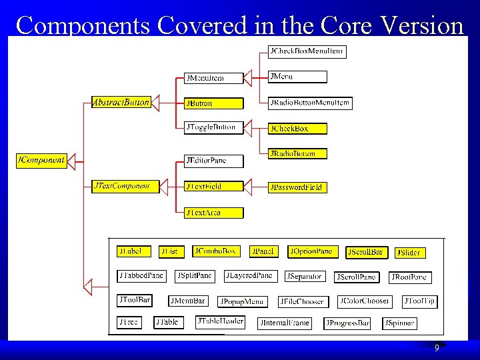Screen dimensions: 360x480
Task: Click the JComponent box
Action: (41, 161)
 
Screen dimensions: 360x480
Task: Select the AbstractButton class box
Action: (121, 103)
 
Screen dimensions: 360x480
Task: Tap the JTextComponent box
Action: (125, 186)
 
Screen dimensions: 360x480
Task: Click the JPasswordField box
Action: (297, 187)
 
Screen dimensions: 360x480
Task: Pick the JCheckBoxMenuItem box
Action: (307, 51)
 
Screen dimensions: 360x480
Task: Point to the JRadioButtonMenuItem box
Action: (309, 103)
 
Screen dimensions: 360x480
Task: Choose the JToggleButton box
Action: (213, 127)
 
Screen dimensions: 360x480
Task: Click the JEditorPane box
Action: (213, 161)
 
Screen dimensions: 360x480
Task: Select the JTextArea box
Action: (213, 213)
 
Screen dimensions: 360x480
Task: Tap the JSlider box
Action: (409, 253)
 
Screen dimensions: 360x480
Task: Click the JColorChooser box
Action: (365, 301)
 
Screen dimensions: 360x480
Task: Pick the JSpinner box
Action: (399, 323)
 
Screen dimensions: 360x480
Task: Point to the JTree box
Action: (130, 323)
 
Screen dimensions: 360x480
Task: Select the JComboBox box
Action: (215, 251)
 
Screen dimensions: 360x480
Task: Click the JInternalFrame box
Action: (285, 323)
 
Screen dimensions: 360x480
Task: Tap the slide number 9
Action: (437, 349)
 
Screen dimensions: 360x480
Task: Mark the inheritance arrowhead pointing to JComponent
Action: (73, 161)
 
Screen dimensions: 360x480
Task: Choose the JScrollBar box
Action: (366, 252)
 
